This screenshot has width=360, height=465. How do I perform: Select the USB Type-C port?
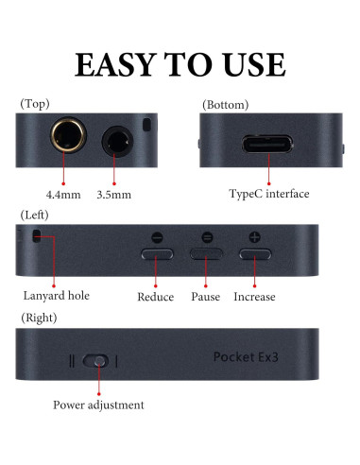coord(269,145)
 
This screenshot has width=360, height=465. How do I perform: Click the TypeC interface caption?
coord(269,194)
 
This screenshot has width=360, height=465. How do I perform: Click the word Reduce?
coord(155,297)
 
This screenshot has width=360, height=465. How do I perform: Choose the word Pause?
coord(206,297)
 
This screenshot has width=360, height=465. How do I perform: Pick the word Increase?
coord(254,297)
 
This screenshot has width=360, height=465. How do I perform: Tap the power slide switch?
coord(95,361)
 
